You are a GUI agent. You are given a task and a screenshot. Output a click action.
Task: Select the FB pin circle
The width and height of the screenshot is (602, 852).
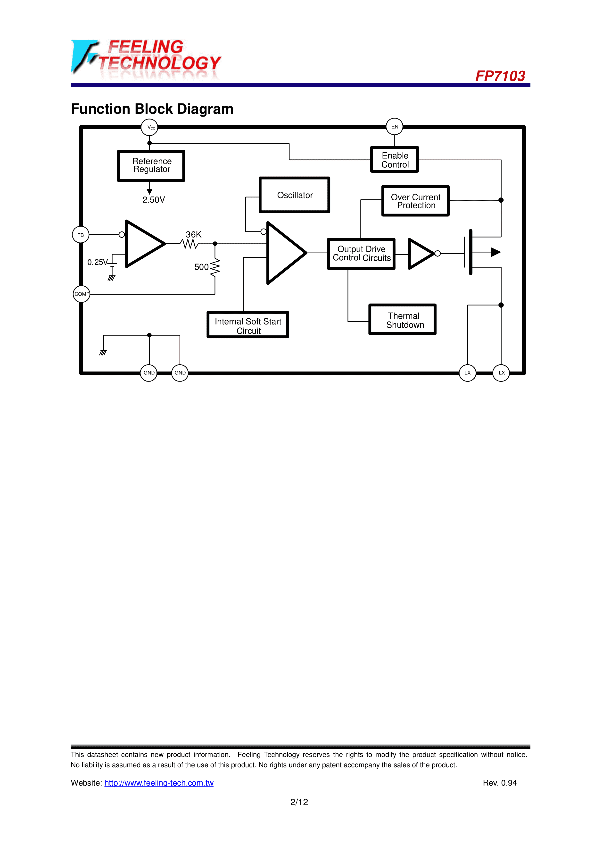(x=81, y=235)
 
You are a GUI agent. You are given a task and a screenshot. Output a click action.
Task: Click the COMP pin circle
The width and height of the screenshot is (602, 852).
(x=82, y=294)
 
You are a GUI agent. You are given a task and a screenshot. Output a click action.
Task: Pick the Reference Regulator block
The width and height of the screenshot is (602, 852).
(x=151, y=166)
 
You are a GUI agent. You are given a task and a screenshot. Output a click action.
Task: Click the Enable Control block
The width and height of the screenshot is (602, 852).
(x=395, y=160)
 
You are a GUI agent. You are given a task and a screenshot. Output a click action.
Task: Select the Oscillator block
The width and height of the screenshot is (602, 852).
(x=295, y=195)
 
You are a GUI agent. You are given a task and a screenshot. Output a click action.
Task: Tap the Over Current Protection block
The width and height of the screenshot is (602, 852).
(x=416, y=201)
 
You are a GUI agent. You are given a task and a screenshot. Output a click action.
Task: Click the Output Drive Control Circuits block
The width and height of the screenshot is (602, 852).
(x=362, y=254)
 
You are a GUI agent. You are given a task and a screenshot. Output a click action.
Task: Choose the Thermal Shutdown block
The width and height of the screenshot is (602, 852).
(x=403, y=320)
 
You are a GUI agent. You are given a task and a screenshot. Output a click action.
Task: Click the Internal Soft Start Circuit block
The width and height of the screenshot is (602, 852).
(x=248, y=325)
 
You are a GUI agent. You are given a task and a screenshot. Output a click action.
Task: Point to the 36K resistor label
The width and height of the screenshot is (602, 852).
(x=193, y=235)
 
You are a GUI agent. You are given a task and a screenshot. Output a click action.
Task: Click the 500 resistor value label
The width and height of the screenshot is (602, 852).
(x=201, y=267)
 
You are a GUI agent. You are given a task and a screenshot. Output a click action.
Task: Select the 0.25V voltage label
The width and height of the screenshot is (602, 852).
(x=98, y=262)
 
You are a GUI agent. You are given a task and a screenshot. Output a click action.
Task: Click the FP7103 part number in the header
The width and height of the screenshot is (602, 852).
(x=500, y=76)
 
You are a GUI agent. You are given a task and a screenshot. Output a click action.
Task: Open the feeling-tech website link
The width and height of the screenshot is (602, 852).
(x=159, y=783)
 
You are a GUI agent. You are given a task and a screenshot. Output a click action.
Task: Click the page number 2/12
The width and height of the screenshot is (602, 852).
(x=299, y=802)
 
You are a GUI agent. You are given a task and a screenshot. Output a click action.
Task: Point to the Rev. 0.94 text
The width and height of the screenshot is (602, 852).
(x=500, y=783)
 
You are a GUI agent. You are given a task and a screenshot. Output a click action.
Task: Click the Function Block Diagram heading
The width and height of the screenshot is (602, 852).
(x=152, y=109)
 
